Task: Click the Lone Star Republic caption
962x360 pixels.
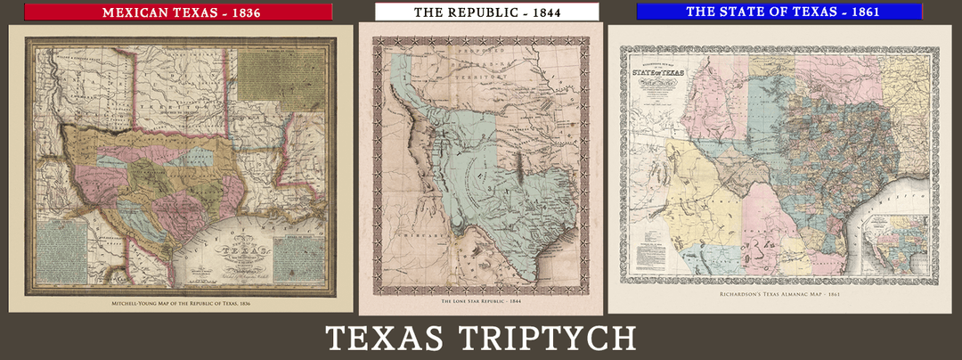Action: (480, 303)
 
